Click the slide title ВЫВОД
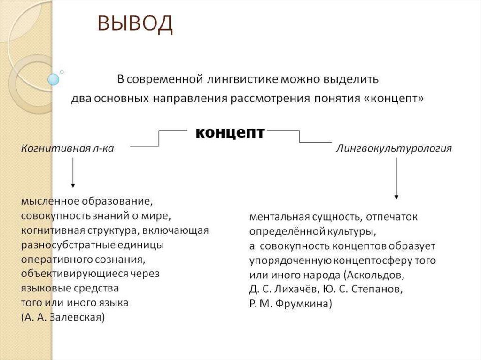pyautogui.click(x=135, y=25)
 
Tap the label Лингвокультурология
pyautogui.click(x=394, y=148)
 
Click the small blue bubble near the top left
pyautogui.click(x=54, y=79)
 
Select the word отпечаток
pyautogui.click(x=392, y=217)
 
